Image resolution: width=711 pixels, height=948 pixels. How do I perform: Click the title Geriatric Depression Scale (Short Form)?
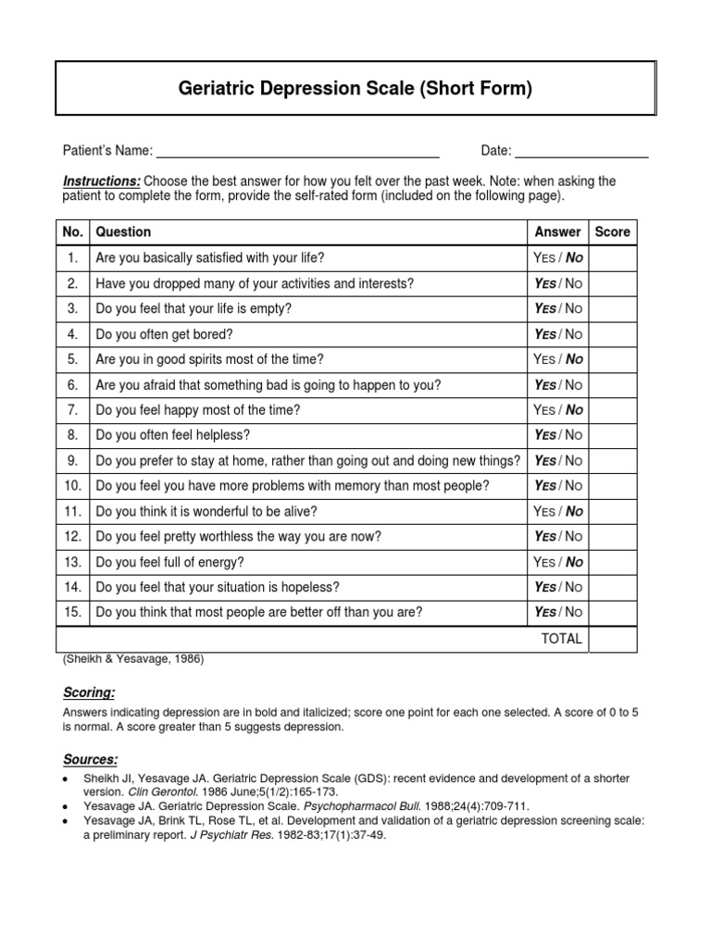355,90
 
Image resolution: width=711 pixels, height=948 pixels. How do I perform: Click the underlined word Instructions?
102,181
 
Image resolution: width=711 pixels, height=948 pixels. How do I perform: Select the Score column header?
612,231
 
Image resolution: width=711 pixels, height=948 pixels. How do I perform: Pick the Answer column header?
558,231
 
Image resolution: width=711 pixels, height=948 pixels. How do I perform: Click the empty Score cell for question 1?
612,257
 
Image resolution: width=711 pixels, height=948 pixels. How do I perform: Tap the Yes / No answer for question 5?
558,359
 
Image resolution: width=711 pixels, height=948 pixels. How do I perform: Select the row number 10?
73,486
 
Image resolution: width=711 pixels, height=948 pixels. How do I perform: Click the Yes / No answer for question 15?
558,612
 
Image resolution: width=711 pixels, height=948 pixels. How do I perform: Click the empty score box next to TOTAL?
612,639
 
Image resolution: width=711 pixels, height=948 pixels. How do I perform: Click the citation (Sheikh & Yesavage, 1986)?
133,659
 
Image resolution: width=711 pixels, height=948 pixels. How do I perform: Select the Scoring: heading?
88,692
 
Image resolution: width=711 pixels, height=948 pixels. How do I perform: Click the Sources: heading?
90,759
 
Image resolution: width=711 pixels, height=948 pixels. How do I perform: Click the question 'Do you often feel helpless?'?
173,435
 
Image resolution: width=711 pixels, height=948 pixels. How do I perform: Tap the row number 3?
73,308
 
